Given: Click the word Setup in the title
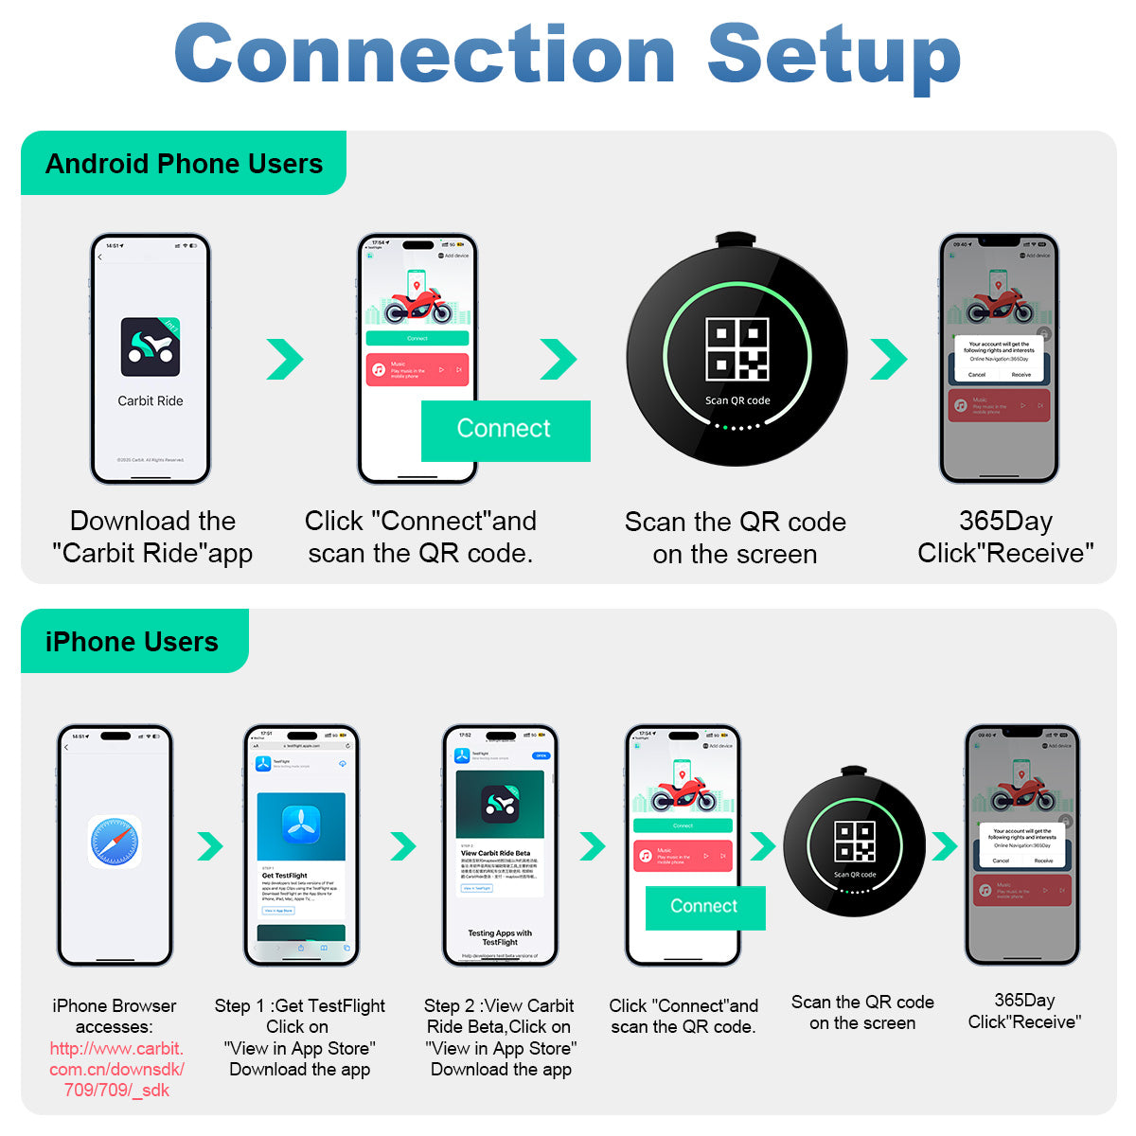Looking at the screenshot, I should [x=833, y=55].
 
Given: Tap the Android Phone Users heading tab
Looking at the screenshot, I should [x=184, y=164].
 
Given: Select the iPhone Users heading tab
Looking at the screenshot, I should [x=132, y=642].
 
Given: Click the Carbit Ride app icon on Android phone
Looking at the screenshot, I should [x=150, y=346].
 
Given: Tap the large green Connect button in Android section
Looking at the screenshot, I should [x=505, y=430].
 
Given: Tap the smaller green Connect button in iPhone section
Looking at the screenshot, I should [x=704, y=907].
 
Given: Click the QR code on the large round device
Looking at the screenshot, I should [x=737, y=349].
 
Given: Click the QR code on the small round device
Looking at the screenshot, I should [x=854, y=842].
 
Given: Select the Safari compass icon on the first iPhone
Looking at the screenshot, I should [x=115, y=842].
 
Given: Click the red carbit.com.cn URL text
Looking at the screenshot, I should [x=116, y=1069].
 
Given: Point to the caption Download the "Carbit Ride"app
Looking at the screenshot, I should [x=152, y=537].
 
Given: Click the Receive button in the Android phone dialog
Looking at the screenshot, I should [x=1021, y=375].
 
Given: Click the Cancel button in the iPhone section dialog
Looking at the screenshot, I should [x=1001, y=861].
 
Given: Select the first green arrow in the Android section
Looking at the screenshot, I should [x=285, y=358].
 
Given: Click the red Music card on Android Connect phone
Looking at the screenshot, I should [x=417, y=369].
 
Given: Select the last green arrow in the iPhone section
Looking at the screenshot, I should [x=944, y=845].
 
